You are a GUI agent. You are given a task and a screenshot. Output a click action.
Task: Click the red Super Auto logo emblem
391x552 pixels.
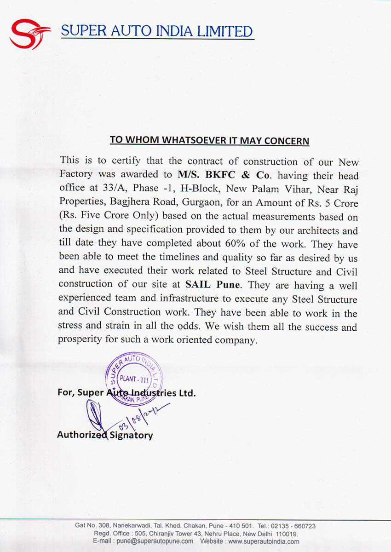click(x=29, y=34)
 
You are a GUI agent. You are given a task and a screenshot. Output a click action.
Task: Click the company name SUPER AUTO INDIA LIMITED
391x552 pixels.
click(x=157, y=32)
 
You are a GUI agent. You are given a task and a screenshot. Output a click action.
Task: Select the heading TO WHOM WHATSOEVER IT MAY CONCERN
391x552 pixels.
click(x=209, y=140)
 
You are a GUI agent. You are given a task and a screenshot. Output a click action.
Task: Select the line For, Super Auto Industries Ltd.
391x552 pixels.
click(x=126, y=393)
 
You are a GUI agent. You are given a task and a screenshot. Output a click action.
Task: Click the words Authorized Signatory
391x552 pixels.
click(x=105, y=435)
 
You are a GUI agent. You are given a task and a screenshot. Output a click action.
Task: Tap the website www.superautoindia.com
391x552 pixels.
click(x=263, y=541)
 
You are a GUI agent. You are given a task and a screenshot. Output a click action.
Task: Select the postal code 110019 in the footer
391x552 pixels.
click(x=286, y=534)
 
